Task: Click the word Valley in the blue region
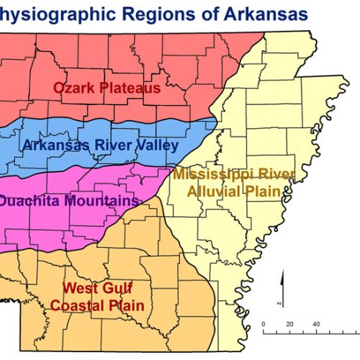(x=156, y=145)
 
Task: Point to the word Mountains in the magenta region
(x=99, y=201)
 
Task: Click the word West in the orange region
(x=78, y=289)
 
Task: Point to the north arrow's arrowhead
(x=283, y=276)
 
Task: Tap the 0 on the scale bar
(x=264, y=323)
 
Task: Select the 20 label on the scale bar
(x=289, y=323)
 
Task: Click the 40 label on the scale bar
(x=316, y=323)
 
